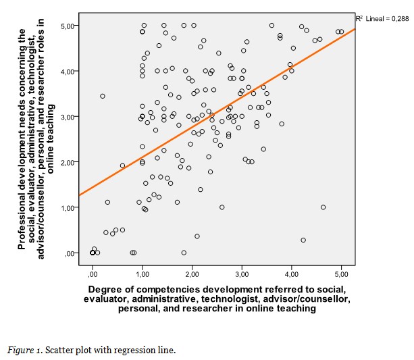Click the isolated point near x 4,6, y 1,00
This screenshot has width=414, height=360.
pyautogui.click(x=323, y=207)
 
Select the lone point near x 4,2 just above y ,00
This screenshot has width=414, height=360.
pyautogui.click(x=303, y=240)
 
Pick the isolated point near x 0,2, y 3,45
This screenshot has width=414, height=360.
pyautogui.click(x=103, y=96)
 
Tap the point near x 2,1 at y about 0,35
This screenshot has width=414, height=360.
pyautogui.click(x=197, y=236)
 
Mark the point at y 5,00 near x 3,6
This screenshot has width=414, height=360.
pyautogui.click(x=271, y=26)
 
